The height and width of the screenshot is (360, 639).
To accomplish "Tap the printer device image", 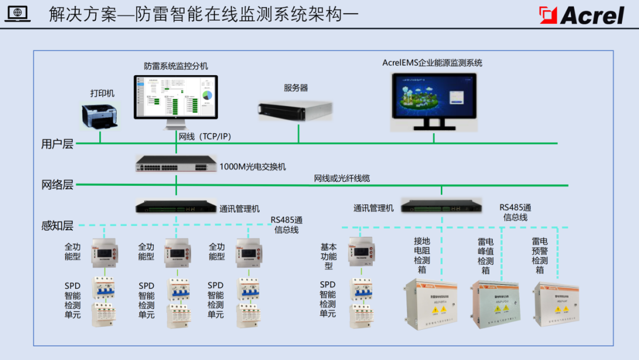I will click(99, 115).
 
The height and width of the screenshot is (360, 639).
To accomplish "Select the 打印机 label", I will click(102, 93).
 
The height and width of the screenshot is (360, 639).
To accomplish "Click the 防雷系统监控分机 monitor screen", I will click(176, 97).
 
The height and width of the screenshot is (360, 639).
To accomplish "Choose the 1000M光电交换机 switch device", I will click(176, 163).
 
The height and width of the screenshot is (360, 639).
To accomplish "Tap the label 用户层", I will click(57, 144).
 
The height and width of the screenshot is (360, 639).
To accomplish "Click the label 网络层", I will click(57, 185).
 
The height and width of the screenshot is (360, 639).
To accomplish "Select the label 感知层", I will click(57, 225).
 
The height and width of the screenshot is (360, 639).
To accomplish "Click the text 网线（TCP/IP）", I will click(205, 137).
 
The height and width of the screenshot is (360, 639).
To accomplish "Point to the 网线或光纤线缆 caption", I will click(342, 178).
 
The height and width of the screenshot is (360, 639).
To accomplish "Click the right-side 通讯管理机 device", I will click(441, 206).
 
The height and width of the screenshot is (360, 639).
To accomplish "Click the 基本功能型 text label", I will click(328, 256).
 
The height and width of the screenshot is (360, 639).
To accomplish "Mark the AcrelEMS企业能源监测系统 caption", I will click(432, 63).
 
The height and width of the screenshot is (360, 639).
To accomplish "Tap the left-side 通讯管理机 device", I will click(176, 206).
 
